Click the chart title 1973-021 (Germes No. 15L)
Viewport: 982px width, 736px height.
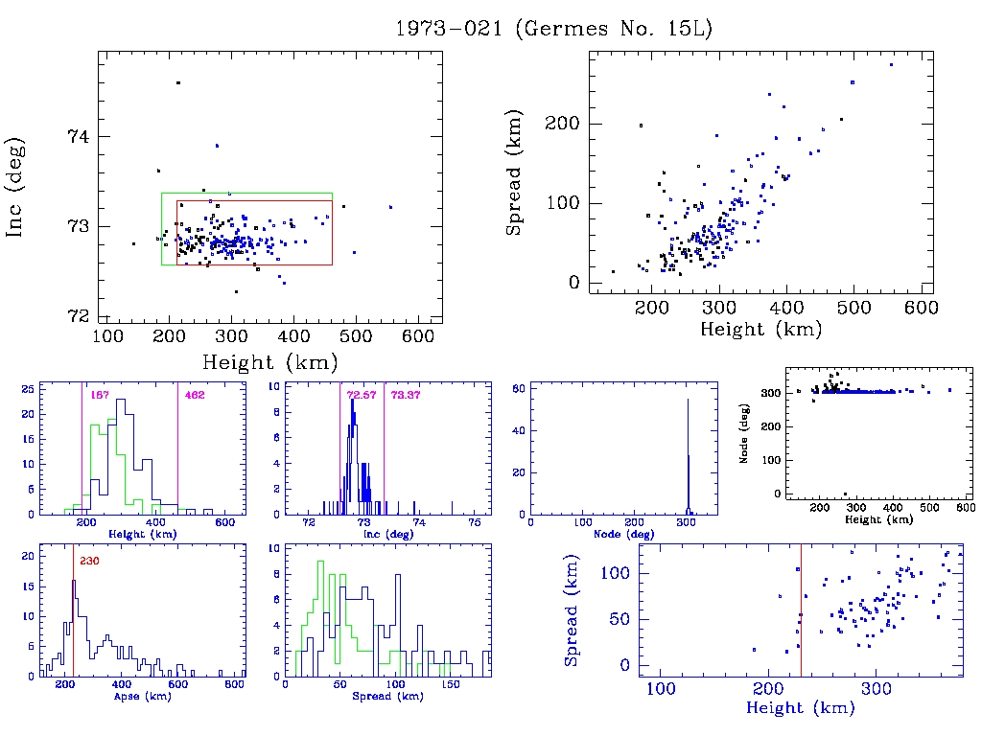pos(554,29)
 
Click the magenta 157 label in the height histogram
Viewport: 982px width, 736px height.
pos(98,395)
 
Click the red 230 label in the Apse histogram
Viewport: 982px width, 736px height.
pos(89,562)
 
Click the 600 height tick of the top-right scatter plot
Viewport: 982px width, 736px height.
pos(921,308)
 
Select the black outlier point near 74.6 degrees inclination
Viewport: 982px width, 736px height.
pos(178,83)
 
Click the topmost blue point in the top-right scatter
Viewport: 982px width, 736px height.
pos(891,65)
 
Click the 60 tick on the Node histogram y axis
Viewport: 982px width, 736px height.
pos(522,388)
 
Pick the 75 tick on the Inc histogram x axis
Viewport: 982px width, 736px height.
pos(475,523)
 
